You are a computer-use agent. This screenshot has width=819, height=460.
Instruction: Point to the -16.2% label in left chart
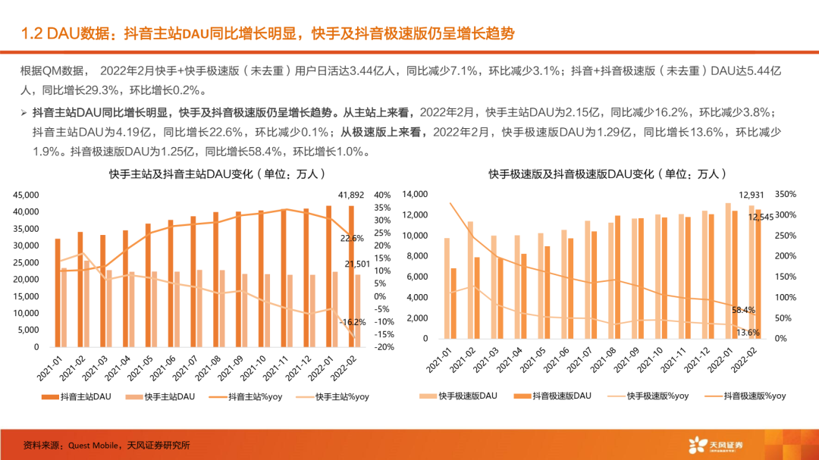coord(353,321)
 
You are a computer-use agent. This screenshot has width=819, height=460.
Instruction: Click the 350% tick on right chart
coord(789,194)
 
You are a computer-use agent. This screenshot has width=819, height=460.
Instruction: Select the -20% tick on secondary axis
coord(383,347)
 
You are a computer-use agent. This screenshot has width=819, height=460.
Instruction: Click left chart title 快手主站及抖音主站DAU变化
coord(206,174)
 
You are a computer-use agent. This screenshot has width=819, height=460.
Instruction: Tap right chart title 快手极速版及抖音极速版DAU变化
coord(604,174)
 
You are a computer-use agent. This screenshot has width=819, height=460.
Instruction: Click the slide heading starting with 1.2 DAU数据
coord(268,33)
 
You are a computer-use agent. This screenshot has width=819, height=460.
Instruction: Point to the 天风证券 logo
coord(714,444)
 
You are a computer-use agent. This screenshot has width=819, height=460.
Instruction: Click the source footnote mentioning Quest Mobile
coord(106,445)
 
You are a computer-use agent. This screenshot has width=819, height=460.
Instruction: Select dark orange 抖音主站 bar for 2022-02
coord(350,276)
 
